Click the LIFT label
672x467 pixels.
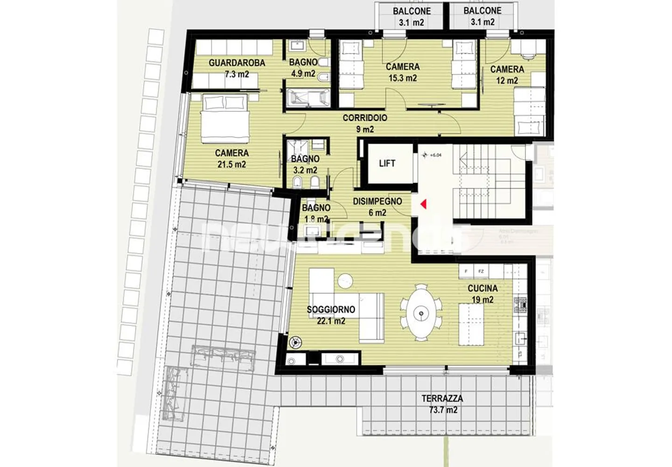[x=387, y=164]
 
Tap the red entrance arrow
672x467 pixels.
[x=424, y=204]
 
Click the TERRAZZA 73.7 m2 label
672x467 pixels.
[x=442, y=404]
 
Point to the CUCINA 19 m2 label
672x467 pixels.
[x=482, y=294]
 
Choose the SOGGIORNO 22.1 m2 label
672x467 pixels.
[x=330, y=315]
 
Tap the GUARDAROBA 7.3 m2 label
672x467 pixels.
[x=237, y=68]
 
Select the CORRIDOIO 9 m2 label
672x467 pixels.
[x=364, y=124]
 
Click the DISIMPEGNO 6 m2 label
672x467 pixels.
[x=377, y=207]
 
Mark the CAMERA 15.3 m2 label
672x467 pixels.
[x=402, y=72]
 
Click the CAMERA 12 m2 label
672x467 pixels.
[x=507, y=75]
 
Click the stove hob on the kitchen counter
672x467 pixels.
[x=520, y=305]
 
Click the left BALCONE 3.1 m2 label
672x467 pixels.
[x=411, y=16]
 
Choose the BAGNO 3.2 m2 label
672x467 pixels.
[x=305, y=165]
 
